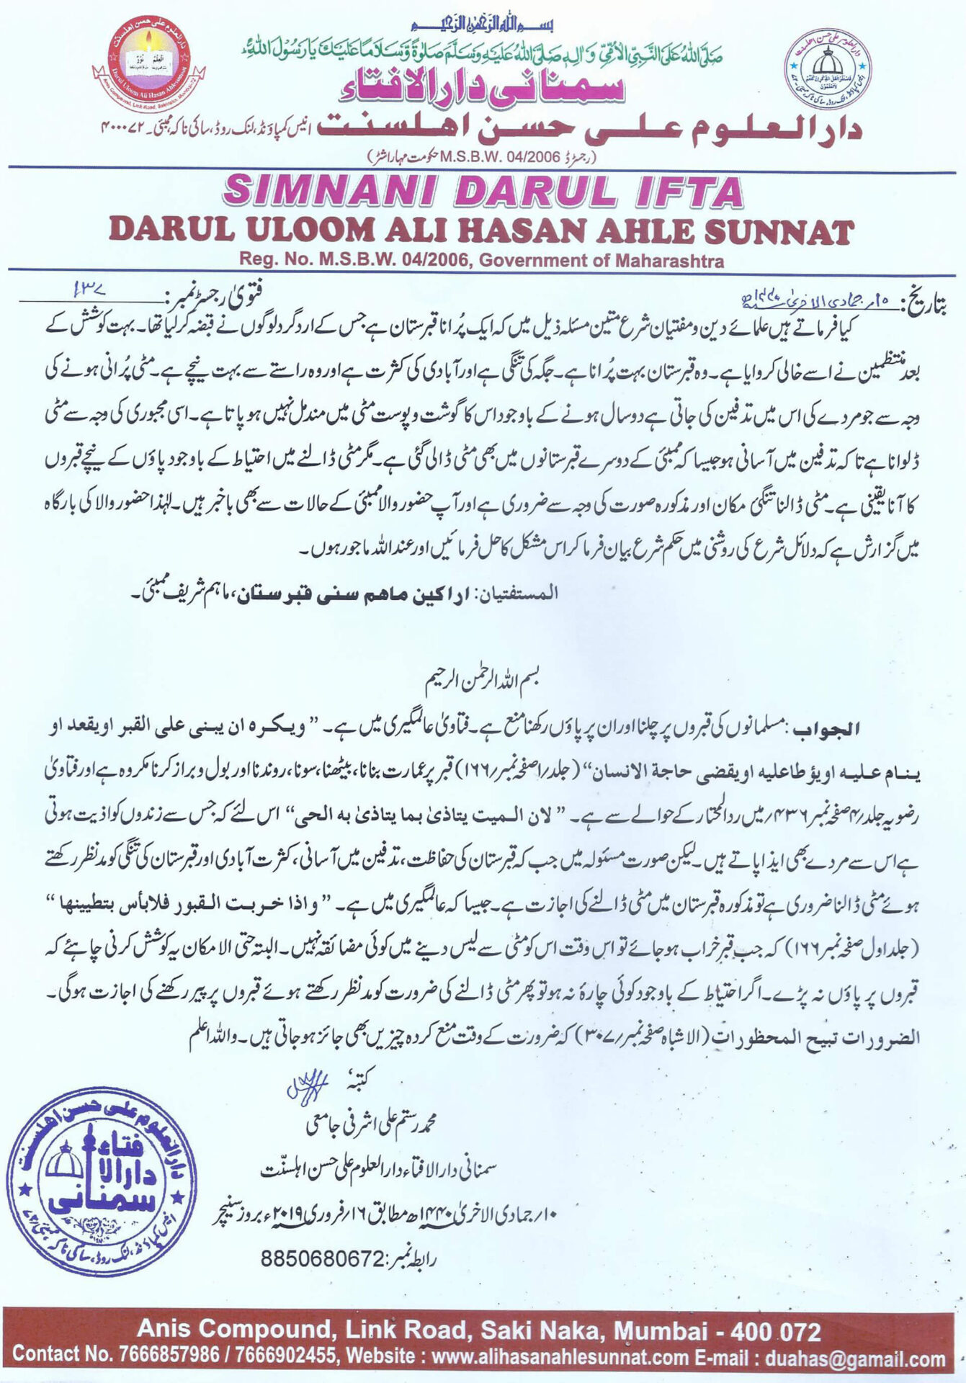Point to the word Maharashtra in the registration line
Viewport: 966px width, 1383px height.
tap(669, 261)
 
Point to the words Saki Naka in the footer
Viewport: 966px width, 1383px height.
tap(544, 1330)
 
